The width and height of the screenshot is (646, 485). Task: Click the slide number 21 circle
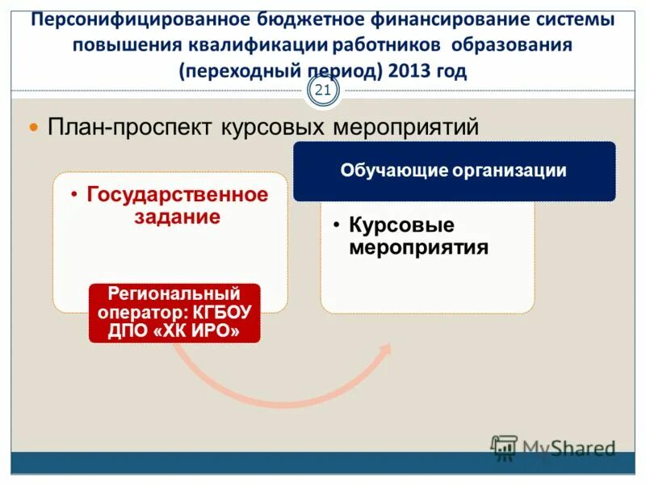323,90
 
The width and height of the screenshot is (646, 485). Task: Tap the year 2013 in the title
407,70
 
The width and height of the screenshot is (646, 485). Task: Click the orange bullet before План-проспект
34,128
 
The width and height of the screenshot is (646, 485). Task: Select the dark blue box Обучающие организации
454,171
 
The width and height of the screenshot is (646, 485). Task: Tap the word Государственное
177,195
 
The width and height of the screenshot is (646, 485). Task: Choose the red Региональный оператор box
174,312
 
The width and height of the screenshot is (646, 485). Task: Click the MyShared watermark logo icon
505,447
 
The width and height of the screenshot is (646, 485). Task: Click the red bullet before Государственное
74,195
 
